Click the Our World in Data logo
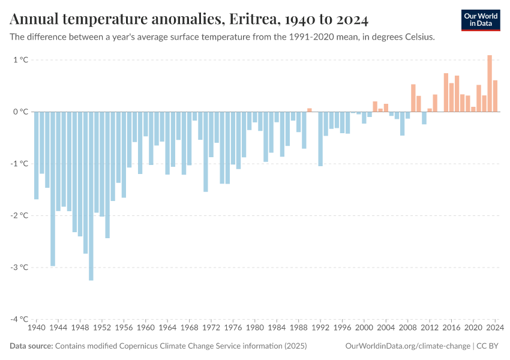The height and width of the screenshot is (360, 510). point(481,20)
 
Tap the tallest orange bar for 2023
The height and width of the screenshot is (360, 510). point(490,83)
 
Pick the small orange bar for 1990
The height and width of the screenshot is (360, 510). point(310,110)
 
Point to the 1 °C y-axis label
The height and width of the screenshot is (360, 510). point(20,60)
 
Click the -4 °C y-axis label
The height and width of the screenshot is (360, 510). point(19,319)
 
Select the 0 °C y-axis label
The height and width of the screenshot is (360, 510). point(20,112)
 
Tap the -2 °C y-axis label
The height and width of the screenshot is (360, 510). point(19,215)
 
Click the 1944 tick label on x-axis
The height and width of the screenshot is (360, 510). point(58,328)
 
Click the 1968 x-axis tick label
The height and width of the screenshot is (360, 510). point(190,328)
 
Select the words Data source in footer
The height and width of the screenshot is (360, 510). point(31,346)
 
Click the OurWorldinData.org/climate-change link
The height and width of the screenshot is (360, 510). point(407,346)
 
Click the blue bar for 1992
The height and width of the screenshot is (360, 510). point(320,139)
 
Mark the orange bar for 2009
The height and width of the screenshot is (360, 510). point(413,98)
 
